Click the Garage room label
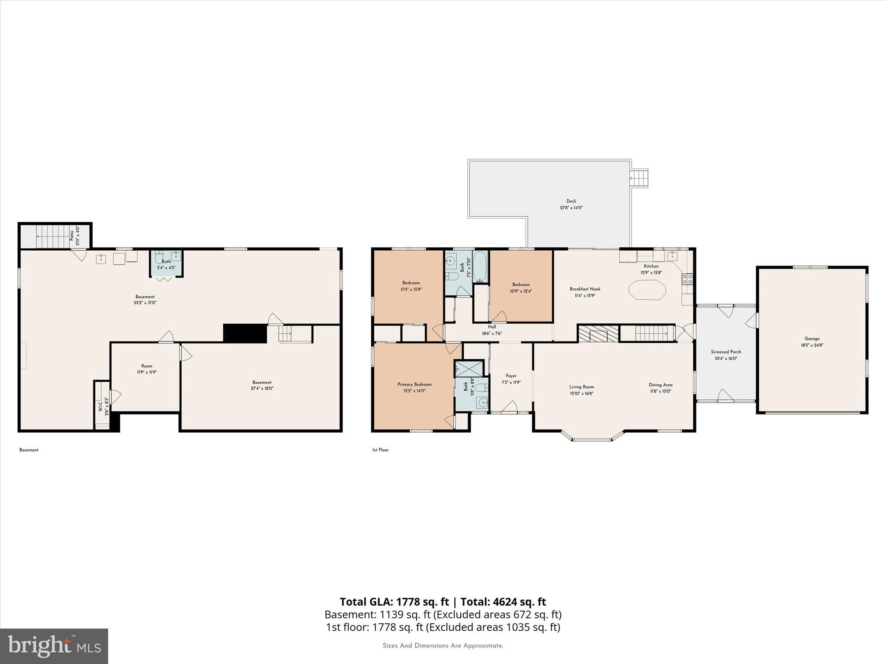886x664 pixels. pyautogui.click(x=812, y=339)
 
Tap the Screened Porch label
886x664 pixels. pyautogui.click(x=726, y=352)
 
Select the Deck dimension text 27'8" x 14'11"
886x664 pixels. pyautogui.click(x=571, y=208)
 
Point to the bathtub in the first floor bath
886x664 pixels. pyautogui.click(x=480, y=267)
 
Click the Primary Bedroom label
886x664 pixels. pyautogui.click(x=414, y=384)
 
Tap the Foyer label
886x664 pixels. pyautogui.click(x=511, y=376)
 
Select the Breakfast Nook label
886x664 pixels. pyautogui.click(x=585, y=289)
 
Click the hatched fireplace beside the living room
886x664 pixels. pyautogui.click(x=598, y=334)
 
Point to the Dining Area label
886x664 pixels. pyautogui.click(x=660, y=385)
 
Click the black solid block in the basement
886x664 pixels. pyautogui.click(x=245, y=333)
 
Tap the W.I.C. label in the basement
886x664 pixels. pyautogui.click(x=100, y=406)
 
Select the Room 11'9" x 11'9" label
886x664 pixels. pyautogui.click(x=147, y=369)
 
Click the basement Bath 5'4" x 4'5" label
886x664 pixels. pyautogui.click(x=166, y=265)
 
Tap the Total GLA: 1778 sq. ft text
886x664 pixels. pyautogui.click(x=394, y=602)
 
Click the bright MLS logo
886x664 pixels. pyautogui.click(x=54, y=646)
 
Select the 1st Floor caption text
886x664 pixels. pyautogui.click(x=380, y=450)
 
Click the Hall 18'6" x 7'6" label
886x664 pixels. pyautogui.click(x=492, y=330)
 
